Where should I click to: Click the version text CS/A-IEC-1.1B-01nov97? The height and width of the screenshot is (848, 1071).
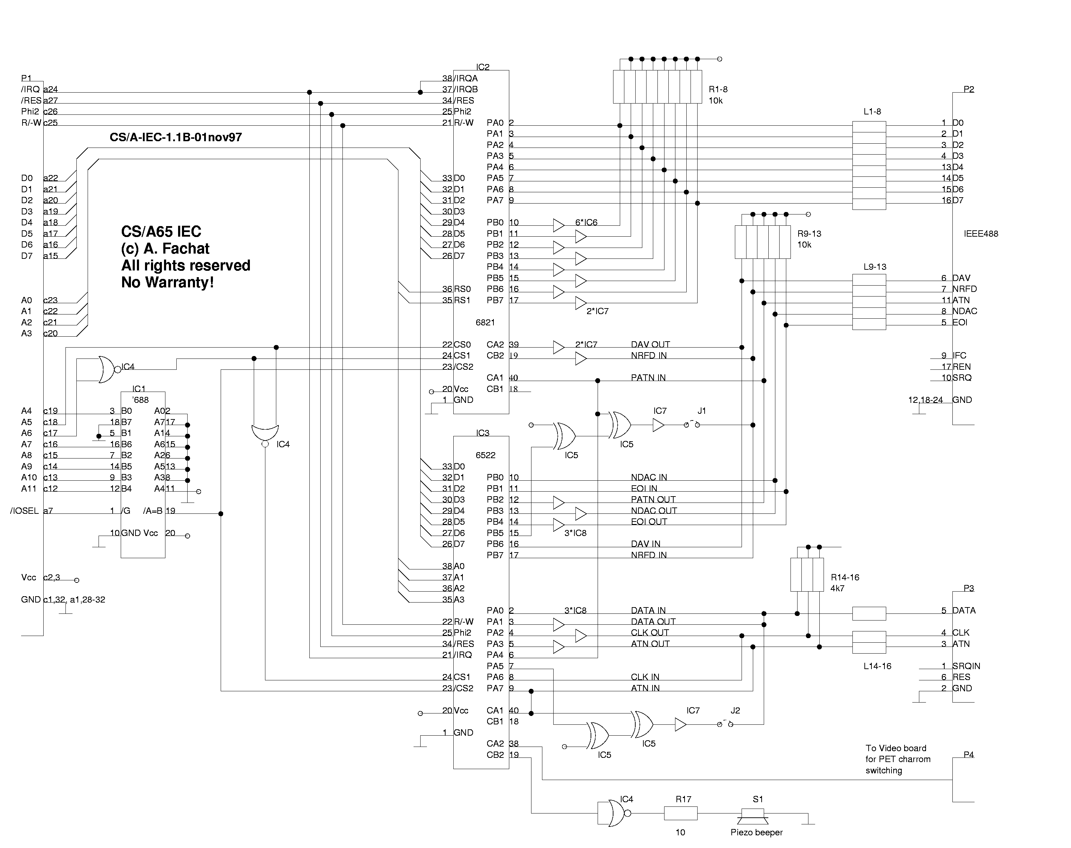coord(176,138)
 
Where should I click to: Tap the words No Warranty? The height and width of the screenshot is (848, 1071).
coord(168,282)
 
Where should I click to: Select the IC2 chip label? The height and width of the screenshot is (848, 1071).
coord(482,67)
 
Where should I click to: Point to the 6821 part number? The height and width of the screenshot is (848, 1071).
coord(485,322)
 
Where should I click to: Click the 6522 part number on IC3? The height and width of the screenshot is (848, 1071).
coord(485,455)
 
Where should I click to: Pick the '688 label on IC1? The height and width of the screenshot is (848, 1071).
coord(140,400)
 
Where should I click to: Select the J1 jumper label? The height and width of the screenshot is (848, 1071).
coord(701,411)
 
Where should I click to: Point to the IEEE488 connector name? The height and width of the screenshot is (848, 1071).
coord(980,234)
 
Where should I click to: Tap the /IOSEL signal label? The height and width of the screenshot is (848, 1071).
coord(24,511)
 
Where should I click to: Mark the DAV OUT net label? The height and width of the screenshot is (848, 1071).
coord(650,344)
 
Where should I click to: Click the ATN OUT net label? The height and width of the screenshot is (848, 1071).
coord(650,644)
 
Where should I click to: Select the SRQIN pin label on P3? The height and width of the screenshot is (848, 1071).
coord(966,666)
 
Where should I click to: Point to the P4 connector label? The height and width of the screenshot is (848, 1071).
coord(968,755)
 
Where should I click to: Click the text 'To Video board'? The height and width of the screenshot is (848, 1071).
coord(895,748)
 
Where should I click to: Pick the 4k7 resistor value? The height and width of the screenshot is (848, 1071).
coord(837,588)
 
